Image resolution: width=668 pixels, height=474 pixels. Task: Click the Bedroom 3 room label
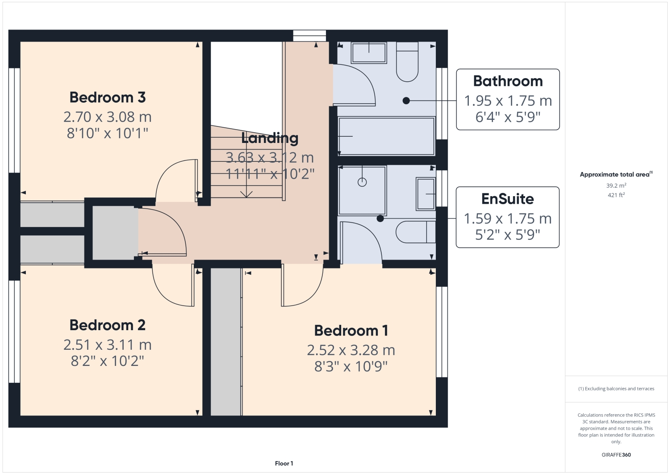click(x=108, y=97)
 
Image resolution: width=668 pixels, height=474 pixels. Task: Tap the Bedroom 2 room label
click(x=108, y=325)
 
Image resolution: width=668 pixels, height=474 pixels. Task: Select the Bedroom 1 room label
click(x=351, y=331)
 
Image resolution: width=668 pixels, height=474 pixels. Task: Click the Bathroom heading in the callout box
click(x=508, y=81)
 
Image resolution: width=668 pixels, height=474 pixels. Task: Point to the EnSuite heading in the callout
click(x=507, y=199)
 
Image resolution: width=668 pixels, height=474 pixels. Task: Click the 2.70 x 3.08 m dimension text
click(x=108, y=117)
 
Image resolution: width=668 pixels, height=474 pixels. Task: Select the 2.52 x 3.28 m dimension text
click(x=351, y=350)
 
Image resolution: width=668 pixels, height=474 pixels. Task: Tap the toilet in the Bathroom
click(x=407, y=62)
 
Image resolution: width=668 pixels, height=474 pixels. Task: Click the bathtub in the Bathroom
click(x=386, y=136)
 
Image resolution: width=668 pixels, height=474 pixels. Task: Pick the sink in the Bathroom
click(x=369, y=53)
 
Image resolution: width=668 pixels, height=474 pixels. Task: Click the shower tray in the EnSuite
click(x=362, y=190)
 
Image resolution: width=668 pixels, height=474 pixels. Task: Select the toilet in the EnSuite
click(x=415, y=232)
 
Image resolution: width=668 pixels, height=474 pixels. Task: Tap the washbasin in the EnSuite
click(x=426, y=193)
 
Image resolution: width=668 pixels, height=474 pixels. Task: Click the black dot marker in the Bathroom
click(x=406, y=101)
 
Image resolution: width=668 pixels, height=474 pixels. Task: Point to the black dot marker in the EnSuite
click(x=380, y=218)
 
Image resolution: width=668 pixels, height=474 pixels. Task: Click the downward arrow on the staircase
click(x=246, y=193)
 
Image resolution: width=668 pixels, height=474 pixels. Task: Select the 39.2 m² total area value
click(x=616, y=185)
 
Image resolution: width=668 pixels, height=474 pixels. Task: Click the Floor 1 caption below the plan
click(x=284, y=463)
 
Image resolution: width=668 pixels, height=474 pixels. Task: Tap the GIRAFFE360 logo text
click(x=616, y=455)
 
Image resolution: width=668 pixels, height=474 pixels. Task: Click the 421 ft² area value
click(x=616, y=195)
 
